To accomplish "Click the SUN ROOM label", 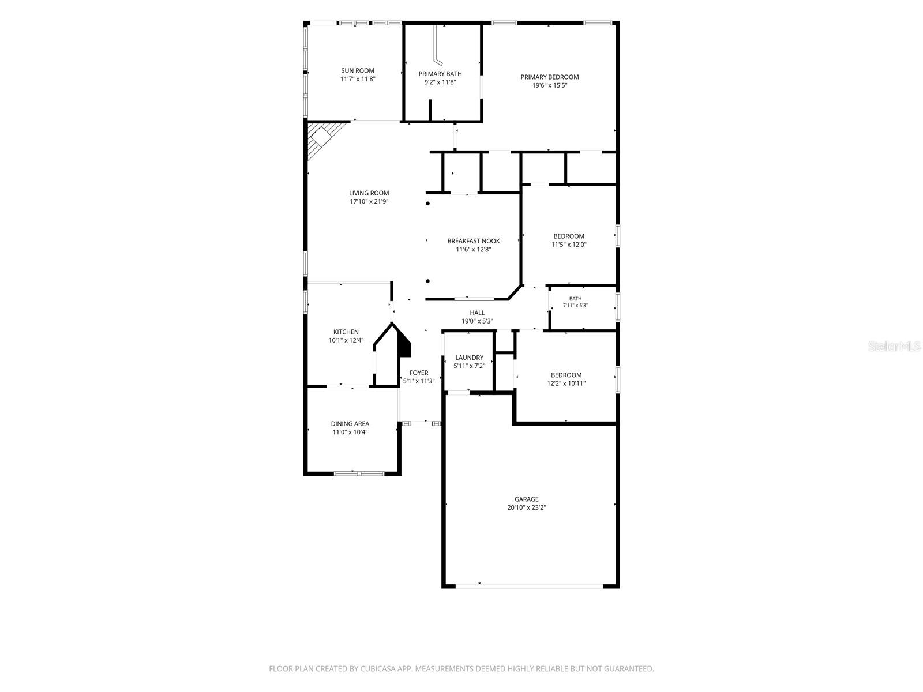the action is (358, 70).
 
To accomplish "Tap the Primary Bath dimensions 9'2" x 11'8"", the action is (440, 82).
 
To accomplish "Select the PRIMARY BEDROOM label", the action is (550, 77).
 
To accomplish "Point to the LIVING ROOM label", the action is (369, 193).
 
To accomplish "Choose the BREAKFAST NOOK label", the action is (474, 241).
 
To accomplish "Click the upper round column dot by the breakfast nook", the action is (427, 204).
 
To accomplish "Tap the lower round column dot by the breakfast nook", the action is (427, 281).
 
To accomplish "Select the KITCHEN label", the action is (346, 332).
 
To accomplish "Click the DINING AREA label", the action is (350, 423).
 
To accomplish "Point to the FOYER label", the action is (419, 373).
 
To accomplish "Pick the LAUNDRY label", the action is (469, 358).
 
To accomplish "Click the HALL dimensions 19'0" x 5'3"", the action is (477, 321).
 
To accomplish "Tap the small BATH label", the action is (575, 299).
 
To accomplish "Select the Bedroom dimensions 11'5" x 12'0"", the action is (569, 245).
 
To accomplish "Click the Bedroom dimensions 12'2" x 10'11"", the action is (566, 383).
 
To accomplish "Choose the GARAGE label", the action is (527, 499).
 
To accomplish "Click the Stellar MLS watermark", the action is (894, 346).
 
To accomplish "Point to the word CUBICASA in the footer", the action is (378, 668).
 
